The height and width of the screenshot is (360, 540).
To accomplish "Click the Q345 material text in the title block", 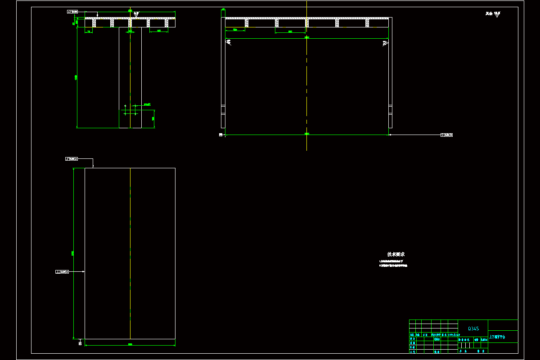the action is point(473,328).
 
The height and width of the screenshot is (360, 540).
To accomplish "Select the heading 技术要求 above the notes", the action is point(396,254).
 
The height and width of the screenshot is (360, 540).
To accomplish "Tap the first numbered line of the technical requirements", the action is point(391,261).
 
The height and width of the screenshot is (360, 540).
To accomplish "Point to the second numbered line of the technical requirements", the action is point(393,265).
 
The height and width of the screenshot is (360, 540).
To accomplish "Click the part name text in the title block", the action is point(497,337).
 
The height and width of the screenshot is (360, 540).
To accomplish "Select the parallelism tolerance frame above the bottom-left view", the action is point(72,159).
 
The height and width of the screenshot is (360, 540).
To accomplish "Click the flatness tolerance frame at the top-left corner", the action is point(72,11).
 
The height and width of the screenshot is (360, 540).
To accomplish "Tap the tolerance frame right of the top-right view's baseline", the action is point(446,135).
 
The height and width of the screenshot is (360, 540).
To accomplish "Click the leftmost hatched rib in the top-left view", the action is point(94,23).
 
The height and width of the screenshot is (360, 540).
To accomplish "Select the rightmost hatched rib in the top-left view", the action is point(166,23).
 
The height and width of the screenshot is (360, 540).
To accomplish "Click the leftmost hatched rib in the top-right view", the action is point(247,23).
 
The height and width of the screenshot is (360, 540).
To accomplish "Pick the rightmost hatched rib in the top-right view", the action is point(367,23).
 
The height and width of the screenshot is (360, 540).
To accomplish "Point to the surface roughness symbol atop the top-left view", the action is point(136,14).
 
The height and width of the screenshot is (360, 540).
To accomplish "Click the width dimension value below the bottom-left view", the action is point(130,345).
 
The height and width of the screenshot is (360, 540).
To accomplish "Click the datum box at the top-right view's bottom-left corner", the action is point(220,135).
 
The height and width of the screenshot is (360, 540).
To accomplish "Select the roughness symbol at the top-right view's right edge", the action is point(385,43).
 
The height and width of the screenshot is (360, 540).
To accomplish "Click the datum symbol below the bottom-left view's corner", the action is point(80,343).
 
